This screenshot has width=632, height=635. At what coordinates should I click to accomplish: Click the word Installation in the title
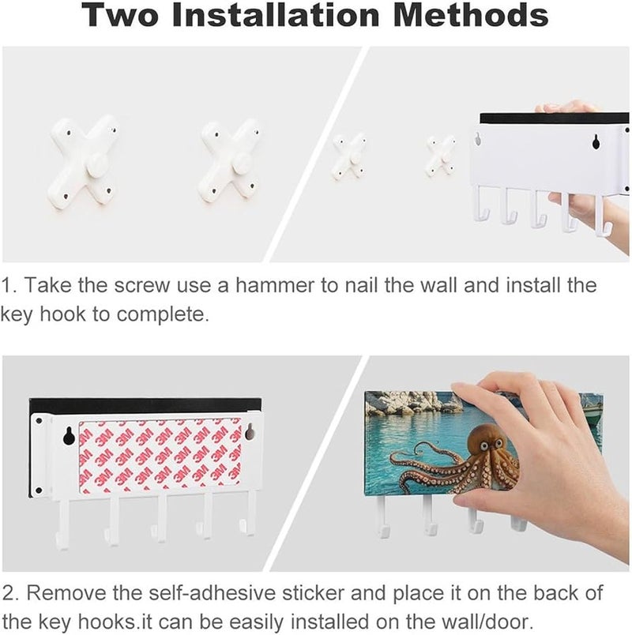pyautogui.click(x=276, y=15)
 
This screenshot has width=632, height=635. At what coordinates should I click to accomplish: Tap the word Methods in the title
pyautogui.click(x=471, y=15)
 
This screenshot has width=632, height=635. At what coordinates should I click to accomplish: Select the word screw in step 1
pyautogui.click(x=141, y=285)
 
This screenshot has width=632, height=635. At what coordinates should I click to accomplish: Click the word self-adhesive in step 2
pyautogui.click(x=213, y=592)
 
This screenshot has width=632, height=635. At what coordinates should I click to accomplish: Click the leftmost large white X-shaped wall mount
pyautogui.click(x=83, y=163)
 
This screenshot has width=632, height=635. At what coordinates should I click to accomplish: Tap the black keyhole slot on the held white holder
pyautogui.click(x=596, y=141)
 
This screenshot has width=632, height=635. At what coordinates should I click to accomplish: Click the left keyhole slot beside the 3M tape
pyautogui.click(x=68, y=435)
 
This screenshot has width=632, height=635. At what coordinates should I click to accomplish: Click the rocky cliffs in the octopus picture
pyautogui.click(x=409, y=405)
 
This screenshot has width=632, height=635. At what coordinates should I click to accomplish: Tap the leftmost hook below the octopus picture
pyautogui.click(x=384, y=516)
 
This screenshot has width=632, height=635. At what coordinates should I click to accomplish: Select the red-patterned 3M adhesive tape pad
pyautogui.click(x=160, y=457)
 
